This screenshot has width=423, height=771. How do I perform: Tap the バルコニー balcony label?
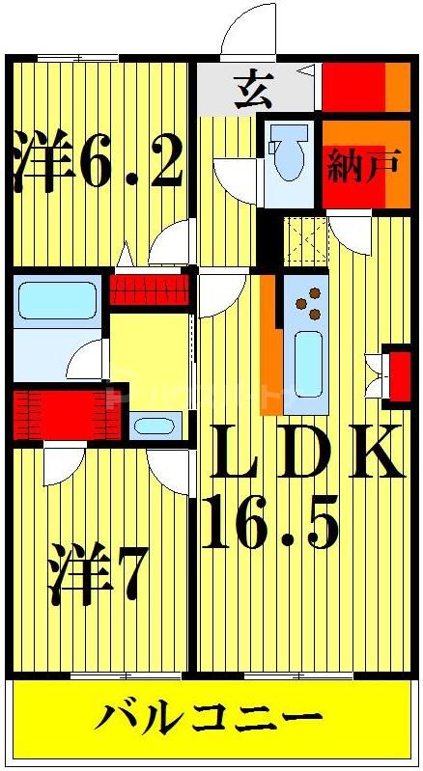(x=210, y=720)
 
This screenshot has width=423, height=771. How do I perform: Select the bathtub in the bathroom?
(x=57, y=300)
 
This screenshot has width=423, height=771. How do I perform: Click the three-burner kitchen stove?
(x=307, y=303)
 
